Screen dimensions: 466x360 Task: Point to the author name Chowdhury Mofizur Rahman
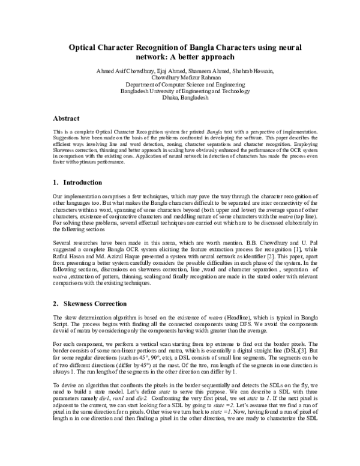pyautogui.click(x=180, y=77)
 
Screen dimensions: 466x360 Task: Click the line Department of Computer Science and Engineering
pyautogui.click(x=180, y=85)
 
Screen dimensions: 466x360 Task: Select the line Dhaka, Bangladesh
pyautogui.click(x=180, y=98)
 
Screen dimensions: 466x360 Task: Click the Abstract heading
pyautogui.click(x=67, y=119)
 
